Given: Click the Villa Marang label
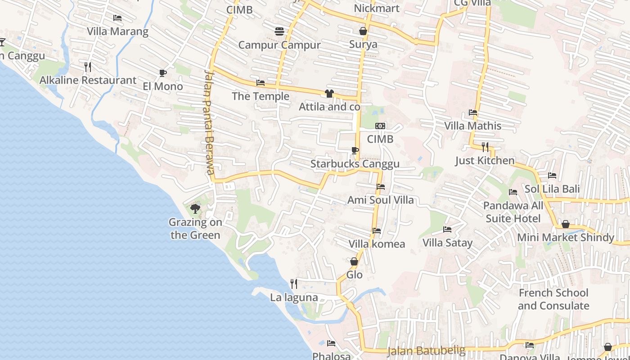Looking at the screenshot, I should click(117, 31).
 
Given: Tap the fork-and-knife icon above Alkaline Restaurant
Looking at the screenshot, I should click(88, 67).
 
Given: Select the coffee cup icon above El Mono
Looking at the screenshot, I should click(162, 73).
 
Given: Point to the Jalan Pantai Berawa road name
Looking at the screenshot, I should click(208, 121).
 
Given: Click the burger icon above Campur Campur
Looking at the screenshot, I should click(279, 31).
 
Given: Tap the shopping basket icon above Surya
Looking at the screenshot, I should click(363, 31).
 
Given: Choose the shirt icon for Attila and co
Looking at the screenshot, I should click(329, 94).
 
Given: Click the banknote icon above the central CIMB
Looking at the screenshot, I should click(380, 126).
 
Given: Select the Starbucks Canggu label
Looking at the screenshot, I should click(355, 164).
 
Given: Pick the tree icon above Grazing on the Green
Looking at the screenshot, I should click(195, 208).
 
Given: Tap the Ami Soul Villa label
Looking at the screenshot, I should click(380, 200).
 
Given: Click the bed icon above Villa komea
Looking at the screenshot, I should click(377, 231).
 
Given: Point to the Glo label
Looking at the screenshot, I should click(354, 274).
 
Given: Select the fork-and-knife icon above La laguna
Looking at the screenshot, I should click(294, 283).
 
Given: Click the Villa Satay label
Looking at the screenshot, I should click(447, 243).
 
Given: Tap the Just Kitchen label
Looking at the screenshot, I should click(485, 161).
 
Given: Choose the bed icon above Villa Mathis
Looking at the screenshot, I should click(472, 112).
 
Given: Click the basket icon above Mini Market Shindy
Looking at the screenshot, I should click(566, 224).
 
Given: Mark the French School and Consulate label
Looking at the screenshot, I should click(553, 299).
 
